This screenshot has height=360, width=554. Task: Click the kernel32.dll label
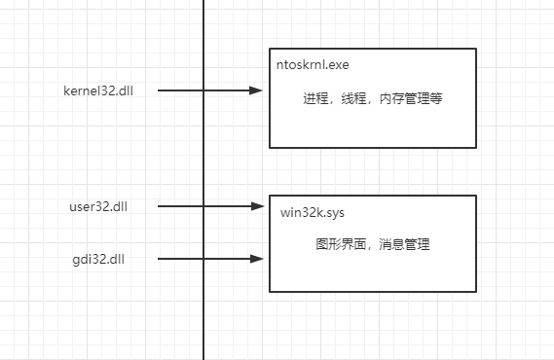pyautogui.click(x=97, y=90)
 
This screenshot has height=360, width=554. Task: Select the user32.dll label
pyautogui.click(x=97, y=206)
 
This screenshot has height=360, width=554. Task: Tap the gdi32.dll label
pyautogui.click(x=97, y=259)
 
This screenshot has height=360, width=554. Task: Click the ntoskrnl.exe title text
pyautogui.click(x=313, y=65)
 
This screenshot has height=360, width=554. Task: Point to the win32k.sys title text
pyautogui.click(x=312, y=211)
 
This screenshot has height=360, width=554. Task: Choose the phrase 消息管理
pyautogui.click(x=403, y=244)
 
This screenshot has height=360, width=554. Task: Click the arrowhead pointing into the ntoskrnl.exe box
pyautogui.click(x=258, y=90)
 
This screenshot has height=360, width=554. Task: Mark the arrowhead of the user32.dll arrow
pyautogui.click(x=258, y=206)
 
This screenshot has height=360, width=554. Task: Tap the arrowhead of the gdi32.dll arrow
pyautogui.click(x=258, y=259)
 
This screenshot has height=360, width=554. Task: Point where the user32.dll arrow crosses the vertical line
pyautogui.click(x=203, y=206)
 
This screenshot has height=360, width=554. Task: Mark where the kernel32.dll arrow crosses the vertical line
pyautogui.click(x=203, y=90)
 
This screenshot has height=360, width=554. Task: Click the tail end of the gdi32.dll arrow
pyautogui.click(x=159, y=259)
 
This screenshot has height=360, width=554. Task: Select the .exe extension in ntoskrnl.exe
pyautogui.click(x=337, y=65)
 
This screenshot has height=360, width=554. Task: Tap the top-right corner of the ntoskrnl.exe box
pyautogui.click(x=476, y=49)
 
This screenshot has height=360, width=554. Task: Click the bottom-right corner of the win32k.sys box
pyautogui.click(x=476, y=291)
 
